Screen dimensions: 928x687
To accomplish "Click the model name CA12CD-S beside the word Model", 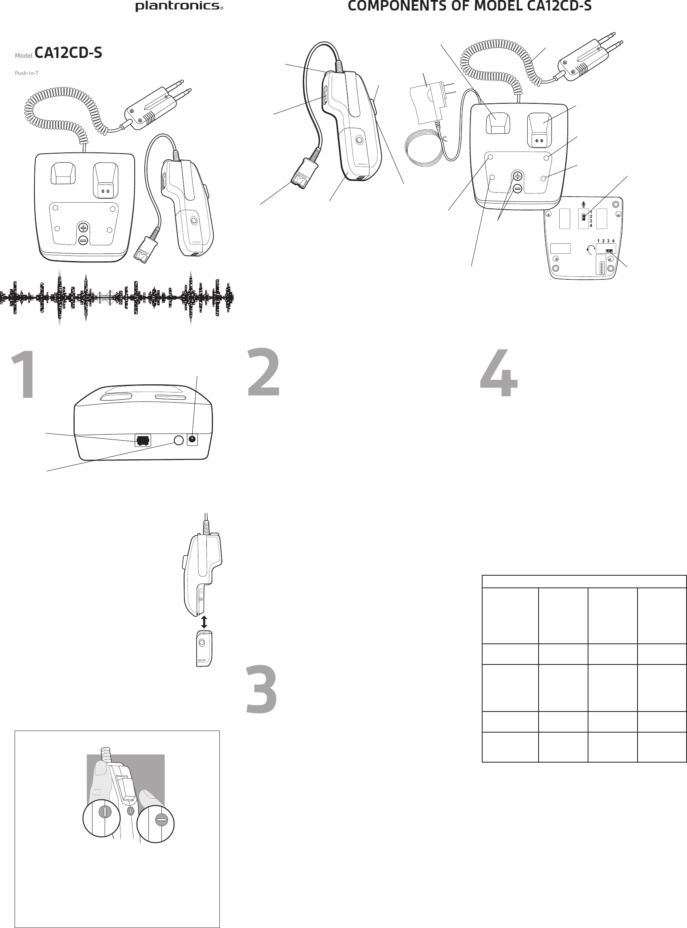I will (x=68, y=53).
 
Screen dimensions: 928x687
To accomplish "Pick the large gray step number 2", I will (x=264, y=373).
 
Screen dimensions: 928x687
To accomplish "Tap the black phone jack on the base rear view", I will (x=143, y=440).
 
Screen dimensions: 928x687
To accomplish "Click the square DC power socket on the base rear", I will (x=192, y=440).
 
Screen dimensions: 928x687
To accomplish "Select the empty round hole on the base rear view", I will (x=178, y=440).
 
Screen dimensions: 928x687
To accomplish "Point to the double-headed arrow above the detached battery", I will (x=204, y=622).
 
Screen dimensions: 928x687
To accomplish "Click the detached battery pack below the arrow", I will (x=204, y=648).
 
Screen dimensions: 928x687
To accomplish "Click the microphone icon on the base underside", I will (x=584, y=205).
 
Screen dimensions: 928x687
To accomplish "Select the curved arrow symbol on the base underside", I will (x=590, y=249).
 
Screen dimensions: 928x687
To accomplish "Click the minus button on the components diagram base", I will (x=517, y=189).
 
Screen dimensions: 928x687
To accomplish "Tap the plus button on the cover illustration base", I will (x=84, y=227).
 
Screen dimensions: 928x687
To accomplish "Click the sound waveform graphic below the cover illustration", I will (x=116, y=297).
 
